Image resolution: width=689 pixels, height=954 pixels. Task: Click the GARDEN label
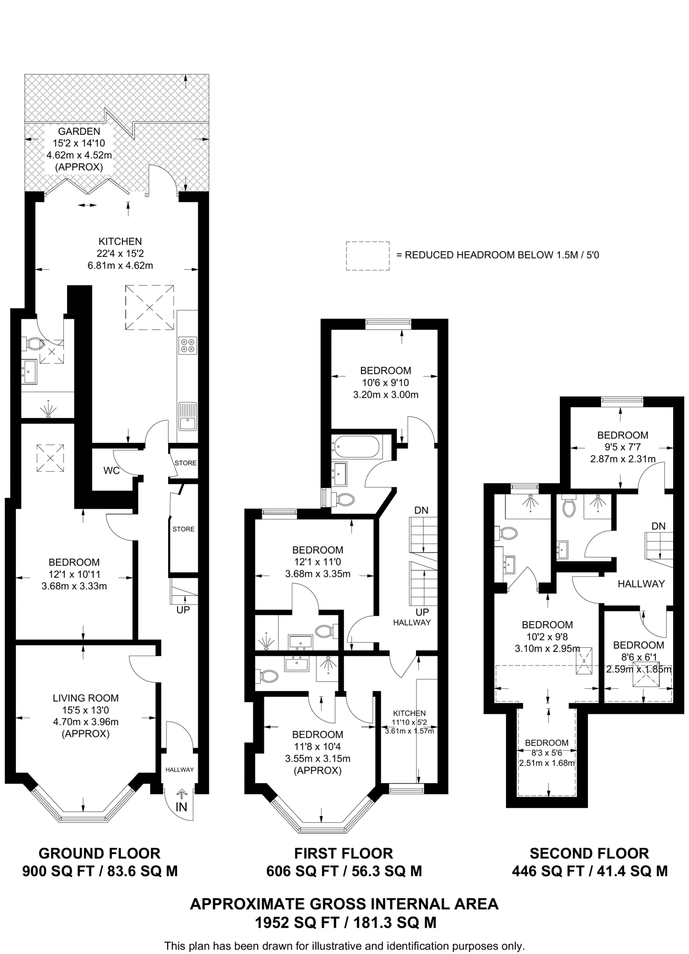(x=79, y=131)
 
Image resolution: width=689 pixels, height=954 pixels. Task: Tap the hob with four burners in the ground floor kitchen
(x=188, y=346)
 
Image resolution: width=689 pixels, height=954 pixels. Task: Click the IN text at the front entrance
(x=181, y=806)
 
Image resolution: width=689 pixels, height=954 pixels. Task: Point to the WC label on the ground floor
(x=111, y=470)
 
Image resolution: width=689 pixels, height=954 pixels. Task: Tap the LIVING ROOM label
(x=86, y=698)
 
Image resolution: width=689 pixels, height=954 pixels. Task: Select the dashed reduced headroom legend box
(x=368, y=256)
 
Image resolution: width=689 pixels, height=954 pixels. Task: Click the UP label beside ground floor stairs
(x=183, y=609)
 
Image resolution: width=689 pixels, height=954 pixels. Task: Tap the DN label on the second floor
(x=658, y=526)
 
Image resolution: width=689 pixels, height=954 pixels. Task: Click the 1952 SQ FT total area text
(x=345, y=922)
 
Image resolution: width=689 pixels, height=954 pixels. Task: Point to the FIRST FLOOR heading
(x=344, y=853)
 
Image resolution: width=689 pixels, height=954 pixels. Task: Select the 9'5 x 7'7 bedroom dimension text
(x=623, y=447)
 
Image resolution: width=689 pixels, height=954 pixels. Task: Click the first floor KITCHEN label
(x=409, y=713)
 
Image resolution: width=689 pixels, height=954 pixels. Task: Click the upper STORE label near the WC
(x=185, y=463)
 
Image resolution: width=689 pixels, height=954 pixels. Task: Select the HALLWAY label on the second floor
(x=641, y=584)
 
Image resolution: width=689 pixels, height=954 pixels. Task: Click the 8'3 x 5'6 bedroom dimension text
(x=546, y=752)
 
